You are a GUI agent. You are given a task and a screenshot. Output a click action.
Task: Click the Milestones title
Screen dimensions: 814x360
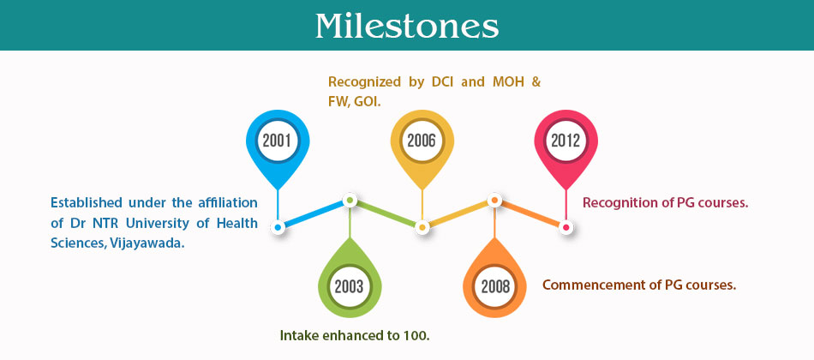pos(407,26)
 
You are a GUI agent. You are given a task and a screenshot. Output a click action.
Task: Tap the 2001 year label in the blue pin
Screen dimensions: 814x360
pos(277,141)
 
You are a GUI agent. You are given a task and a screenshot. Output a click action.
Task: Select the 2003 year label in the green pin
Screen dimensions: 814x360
pos(349,287)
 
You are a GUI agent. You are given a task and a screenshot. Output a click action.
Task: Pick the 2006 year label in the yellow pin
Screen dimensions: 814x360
pos(421,141)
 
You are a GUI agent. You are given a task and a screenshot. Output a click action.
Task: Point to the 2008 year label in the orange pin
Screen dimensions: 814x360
pos(495,287)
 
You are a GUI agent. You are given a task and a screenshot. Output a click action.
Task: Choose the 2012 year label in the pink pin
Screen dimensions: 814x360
pos(566,141)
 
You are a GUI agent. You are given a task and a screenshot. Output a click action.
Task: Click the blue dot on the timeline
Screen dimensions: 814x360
pos(278,227)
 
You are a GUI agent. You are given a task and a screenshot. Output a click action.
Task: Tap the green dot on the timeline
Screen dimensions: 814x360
pos(350,200)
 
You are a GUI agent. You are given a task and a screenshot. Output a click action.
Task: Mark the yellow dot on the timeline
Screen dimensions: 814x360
pos(422,227)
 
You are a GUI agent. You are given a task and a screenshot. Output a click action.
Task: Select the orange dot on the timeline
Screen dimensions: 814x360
pos(494,200)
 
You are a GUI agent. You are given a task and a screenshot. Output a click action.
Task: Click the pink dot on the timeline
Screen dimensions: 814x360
pos(566,227)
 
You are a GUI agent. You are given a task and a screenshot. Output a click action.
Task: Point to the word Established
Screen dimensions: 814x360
pos(87,202)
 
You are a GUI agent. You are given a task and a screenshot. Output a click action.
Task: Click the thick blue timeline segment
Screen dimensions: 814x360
pos(314,213)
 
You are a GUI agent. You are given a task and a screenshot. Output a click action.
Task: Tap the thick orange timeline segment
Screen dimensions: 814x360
pos(530,213)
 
